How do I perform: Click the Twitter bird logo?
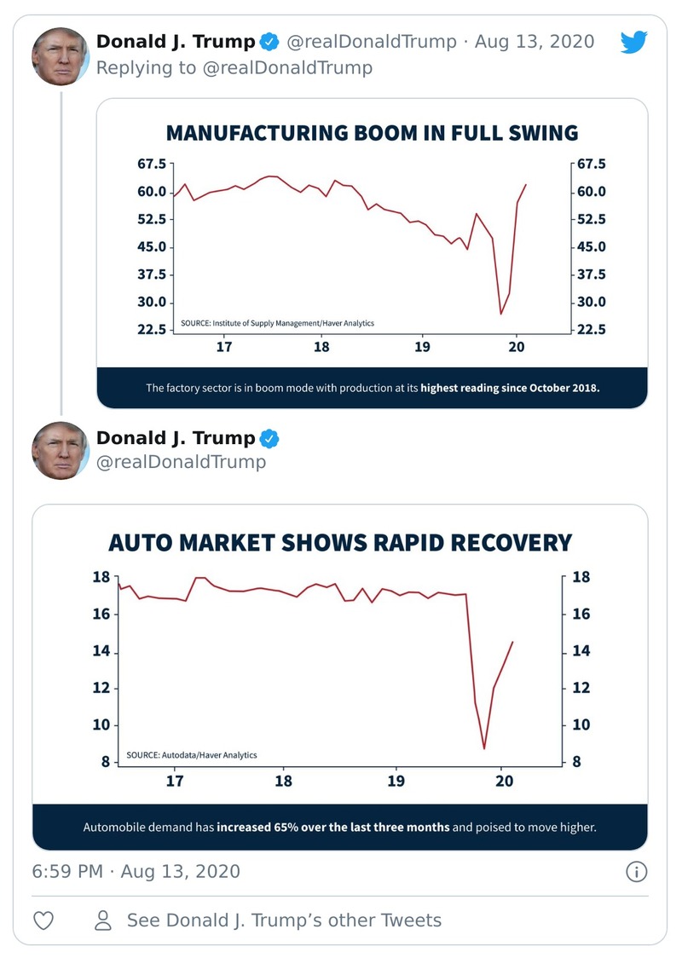pos(633,42)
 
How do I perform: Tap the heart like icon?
pos(43,920)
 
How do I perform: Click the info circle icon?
pos(636,871)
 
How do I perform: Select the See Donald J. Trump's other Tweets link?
pos(284,920)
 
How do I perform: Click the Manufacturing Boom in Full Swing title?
pos(372,133)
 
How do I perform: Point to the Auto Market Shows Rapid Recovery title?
pos(340,543)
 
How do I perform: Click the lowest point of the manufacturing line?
pos(501,314)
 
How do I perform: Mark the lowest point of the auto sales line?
pos(484,748)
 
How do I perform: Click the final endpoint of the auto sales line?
pos(512,642)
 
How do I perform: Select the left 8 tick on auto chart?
pos(105,762)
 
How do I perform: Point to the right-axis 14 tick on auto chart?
pos(582,652)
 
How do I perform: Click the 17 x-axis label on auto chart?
pos(175,781)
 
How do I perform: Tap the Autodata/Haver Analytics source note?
pos(192,755)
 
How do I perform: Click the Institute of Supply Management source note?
pos(277,324)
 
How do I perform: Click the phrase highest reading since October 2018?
pos(510,388)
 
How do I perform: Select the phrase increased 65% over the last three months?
pos(333,827)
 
